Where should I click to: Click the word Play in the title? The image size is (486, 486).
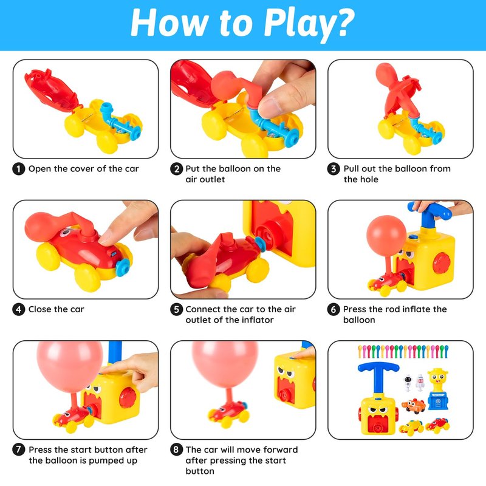coord(303,23)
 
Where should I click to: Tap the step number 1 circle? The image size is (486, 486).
coord(19,169)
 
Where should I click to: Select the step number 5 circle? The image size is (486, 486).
coord(176,309)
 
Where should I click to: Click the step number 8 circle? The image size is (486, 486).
coord(176,450)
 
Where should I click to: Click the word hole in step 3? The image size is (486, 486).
coord(369,179)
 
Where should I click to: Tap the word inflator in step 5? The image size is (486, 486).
coord(258,320)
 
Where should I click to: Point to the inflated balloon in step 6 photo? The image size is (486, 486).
coord(386,236)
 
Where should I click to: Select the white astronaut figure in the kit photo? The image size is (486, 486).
coord(408,382)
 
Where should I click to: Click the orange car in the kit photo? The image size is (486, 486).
coord(413,406)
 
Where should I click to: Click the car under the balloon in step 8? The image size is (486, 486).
coord(229,413)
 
